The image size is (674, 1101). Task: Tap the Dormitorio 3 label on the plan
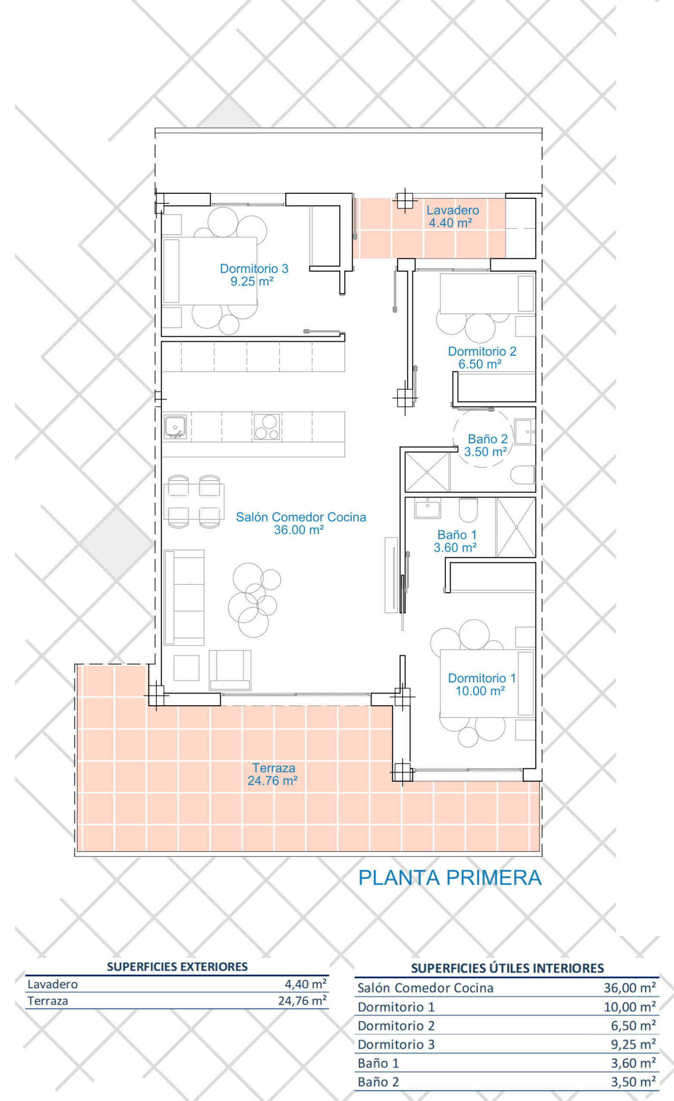pyautogui.click(x=254, y=275)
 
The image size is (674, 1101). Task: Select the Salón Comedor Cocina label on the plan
pyautogui.click(x=301, y=523)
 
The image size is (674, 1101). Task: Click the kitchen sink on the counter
pyautogui.click(x=175, y=427)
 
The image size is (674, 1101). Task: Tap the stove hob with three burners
pyautogui.click(x=266, y=427)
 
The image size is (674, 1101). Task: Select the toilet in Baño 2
pyautogui.click(x=523, y=475)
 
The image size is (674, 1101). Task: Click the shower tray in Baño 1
pyautogui.click(x=516, y=527)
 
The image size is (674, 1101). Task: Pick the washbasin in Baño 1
pyautogui.click(x=427, y=508)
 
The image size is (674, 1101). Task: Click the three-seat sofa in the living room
pyautogui.click(x=184, y=597)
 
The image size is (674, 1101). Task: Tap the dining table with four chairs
pyautogui.click(x=194, y=501)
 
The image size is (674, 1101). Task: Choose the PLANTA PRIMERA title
pyautogui.click(x=449, y=878)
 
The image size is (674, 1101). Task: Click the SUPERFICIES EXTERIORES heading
pyautogui.click(x=177, y=966)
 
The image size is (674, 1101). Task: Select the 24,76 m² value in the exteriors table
pyautogui.click(x=302, y=1000)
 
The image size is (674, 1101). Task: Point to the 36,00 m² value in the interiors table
pyautogui.click(x=630, y=987)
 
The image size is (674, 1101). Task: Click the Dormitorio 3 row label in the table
pyautogui.click(x=396, y=1044)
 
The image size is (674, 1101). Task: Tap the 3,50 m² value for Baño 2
pyautogui.click(x=633, y=1082)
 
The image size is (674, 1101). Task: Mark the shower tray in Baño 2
pyautogui.click(x=427, y=472)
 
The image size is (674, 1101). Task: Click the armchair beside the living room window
pyautogui.click(x=230, y=670)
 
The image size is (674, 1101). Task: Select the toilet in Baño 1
pyautogui.click(x=468, y=510)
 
